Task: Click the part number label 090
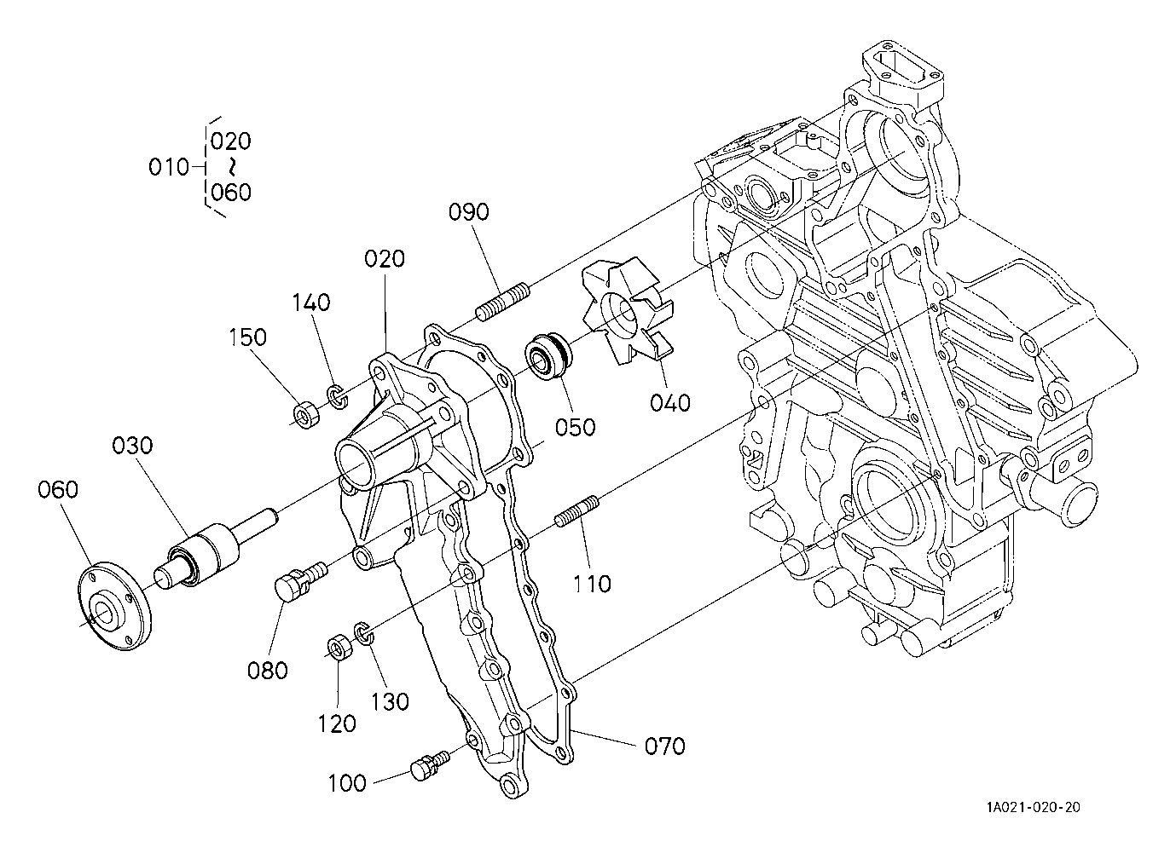coord(469,212)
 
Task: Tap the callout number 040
coord(670,403)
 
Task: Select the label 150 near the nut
coord(247,337)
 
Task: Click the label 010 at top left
coord(169,167)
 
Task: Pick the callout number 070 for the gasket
coord(665,746)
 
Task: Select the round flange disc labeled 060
coord(114,607)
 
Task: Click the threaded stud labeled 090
coord(503,301)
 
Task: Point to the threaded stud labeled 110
coord(576,511)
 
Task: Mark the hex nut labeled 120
coord(339,648)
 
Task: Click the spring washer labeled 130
coord(364,632)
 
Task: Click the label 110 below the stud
coord(592,584)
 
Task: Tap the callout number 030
coord(132,446)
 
